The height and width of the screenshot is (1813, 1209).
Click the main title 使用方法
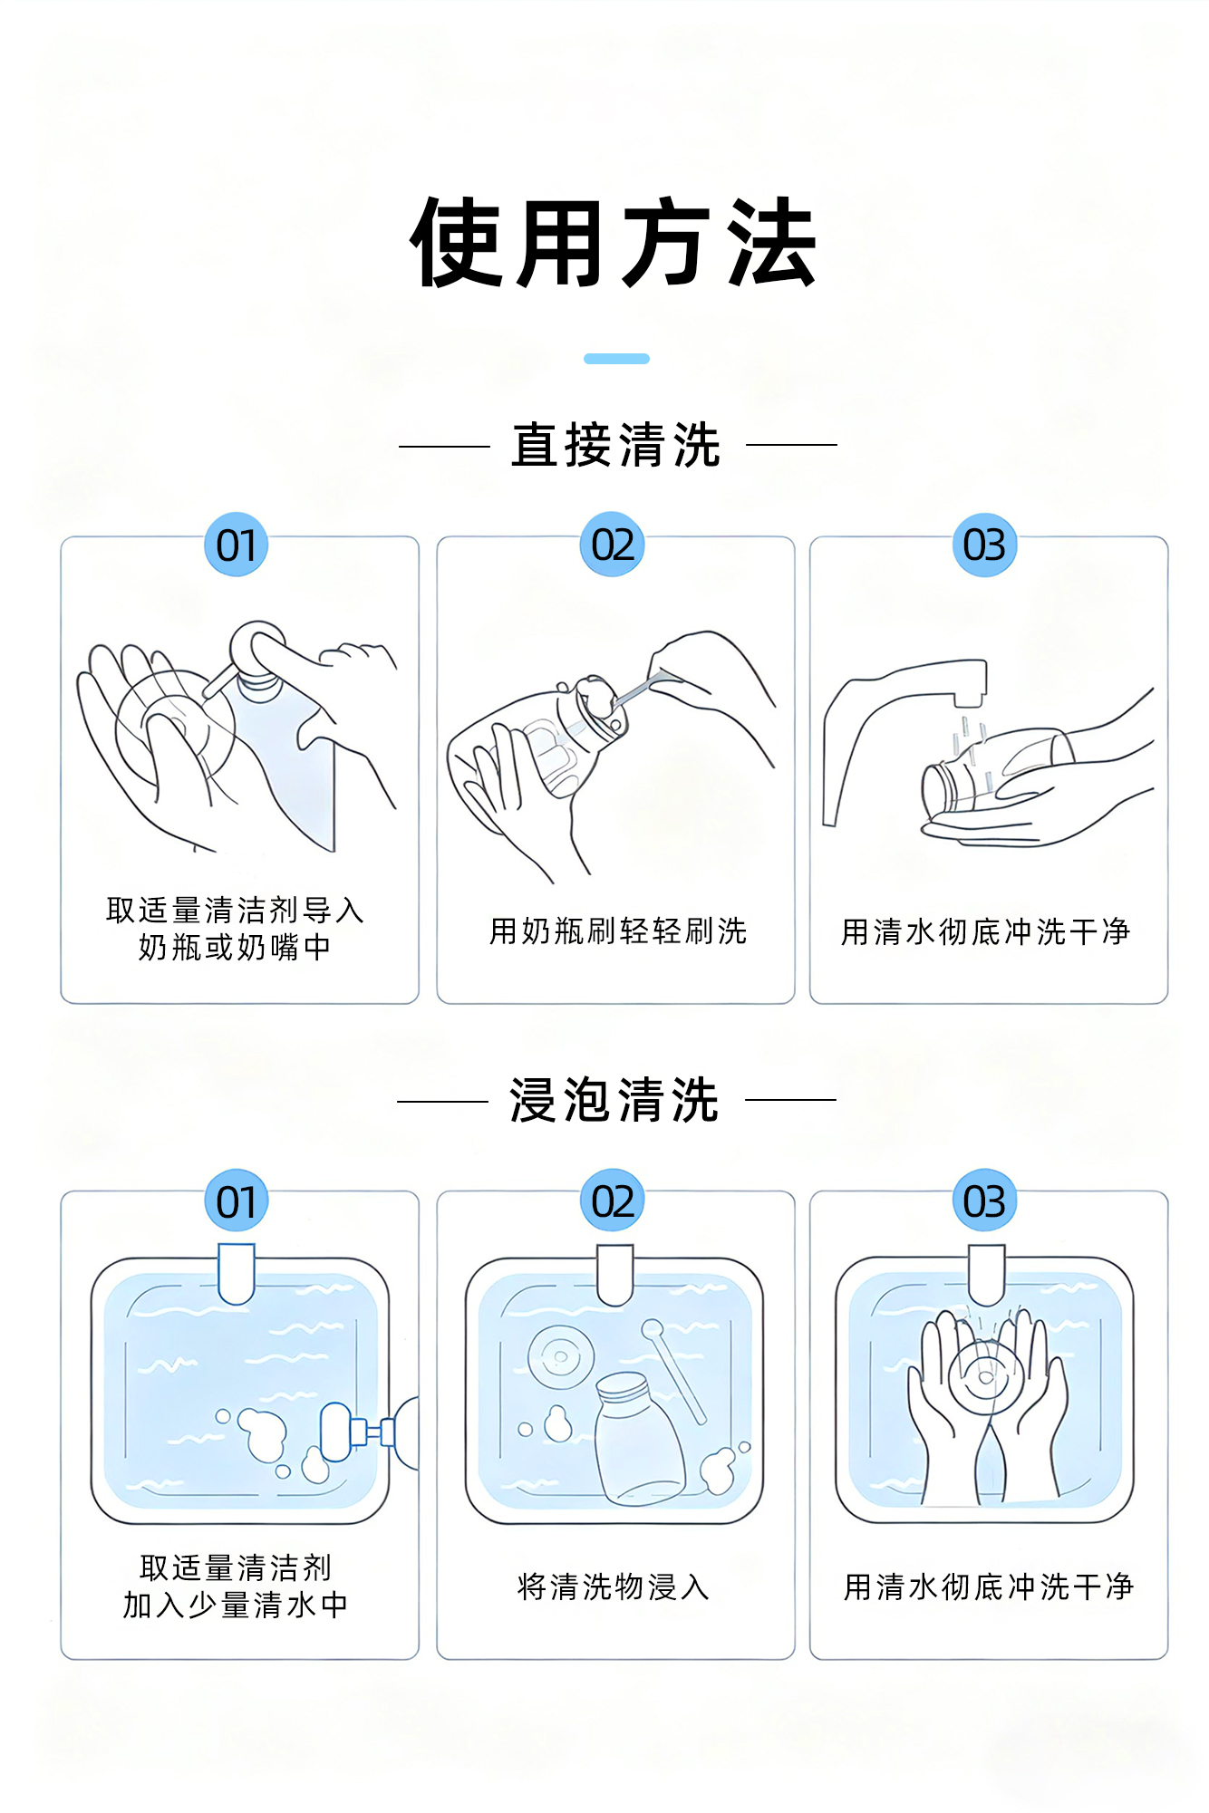click(614, 243)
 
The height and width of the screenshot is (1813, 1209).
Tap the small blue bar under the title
click(616, 359)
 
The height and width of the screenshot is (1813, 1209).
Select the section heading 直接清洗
click(616, 445)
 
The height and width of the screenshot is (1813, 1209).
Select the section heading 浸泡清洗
click(614, 1100)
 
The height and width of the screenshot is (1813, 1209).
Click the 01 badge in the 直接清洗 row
click(236, 545)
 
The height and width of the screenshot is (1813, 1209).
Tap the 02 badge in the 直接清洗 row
click(613, 545)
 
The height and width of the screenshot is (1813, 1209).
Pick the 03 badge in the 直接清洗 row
click(984, 545)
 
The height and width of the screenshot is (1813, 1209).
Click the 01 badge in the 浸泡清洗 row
click(236, 1201)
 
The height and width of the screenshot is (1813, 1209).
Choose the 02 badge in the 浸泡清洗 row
click(613, 1201)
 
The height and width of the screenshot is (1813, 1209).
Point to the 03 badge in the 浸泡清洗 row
click(984, 1201)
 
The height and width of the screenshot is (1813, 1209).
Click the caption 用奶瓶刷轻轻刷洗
click(618, 931)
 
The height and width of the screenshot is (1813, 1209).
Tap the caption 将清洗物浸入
click(614, 1586)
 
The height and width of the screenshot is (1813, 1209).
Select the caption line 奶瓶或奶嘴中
click(235, 947)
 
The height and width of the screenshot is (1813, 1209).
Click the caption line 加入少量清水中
click(236, 1605)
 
